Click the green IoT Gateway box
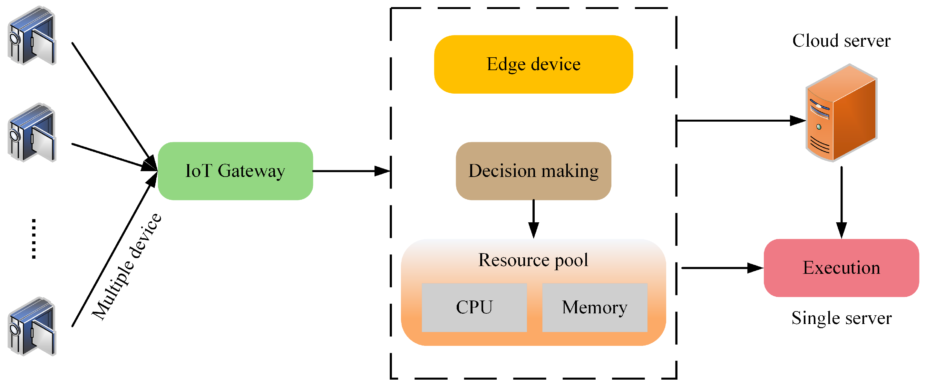235,171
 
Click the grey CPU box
474,307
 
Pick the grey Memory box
595,307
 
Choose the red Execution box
841,268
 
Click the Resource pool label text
533,260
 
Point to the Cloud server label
841,41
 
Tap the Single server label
841,318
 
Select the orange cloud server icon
841,113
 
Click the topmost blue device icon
32,35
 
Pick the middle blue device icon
32,132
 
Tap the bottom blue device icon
32,326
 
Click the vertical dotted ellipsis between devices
34,239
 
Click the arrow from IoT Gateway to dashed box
352,171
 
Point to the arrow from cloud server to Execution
841,203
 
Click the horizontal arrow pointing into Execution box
723,268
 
